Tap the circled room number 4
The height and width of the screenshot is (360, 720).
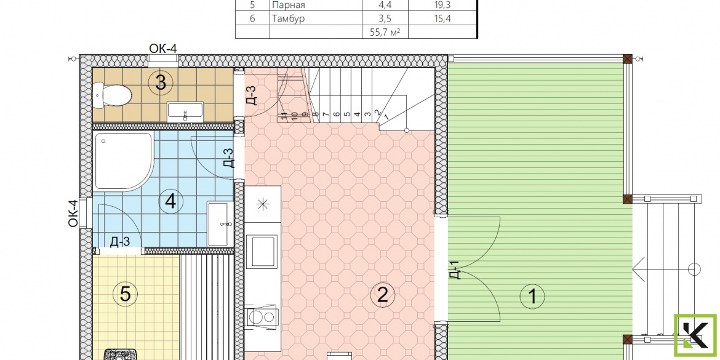coord(170,201)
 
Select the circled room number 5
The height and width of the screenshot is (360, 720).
coord(126,294)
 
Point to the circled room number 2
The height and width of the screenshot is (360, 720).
coord(383,295)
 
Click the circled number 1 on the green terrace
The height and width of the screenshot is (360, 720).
coord(532,296)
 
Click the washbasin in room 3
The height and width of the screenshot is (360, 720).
coord(185,112)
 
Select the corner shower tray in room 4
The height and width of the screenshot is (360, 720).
coord(124,161)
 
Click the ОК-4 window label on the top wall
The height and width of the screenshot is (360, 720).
coord(163,48)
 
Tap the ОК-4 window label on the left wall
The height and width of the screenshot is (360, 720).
coord(73,212)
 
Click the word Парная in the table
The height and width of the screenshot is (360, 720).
coord(289,6)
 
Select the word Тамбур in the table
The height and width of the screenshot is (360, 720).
coord(288,19)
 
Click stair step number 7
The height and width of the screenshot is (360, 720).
coord(325,113)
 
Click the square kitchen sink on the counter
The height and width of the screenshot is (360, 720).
coord(262,251)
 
